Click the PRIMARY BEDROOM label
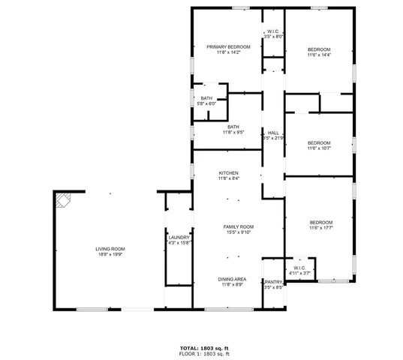pyautogui.click(x=227, y=47)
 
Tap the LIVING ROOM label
pyautogui.click(x=110, y=248)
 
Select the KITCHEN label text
pyautogui.click(x=229, y=172)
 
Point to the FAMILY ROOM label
pyautogui.click(x=239, y=226)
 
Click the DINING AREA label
pyautogui.click(x=233, y=279)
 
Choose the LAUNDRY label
pyautogui.click(x=179, y=237)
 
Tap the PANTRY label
pyautogui.click(x=273, y=281)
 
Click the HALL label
pyautogui.click(x=273, y=133)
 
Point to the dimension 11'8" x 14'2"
pyautogui.click(x=227, y=52)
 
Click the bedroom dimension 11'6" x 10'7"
pyautogui.click(x=319, y=148)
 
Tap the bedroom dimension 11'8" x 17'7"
pyautogui.click(x=321, y=228)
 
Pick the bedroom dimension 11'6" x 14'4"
pyautogui.click(x=319, y=55)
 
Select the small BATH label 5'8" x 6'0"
pyautogui.click(x=206, y=98)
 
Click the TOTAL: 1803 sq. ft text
pyautogui.click(x=204, y=347)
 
